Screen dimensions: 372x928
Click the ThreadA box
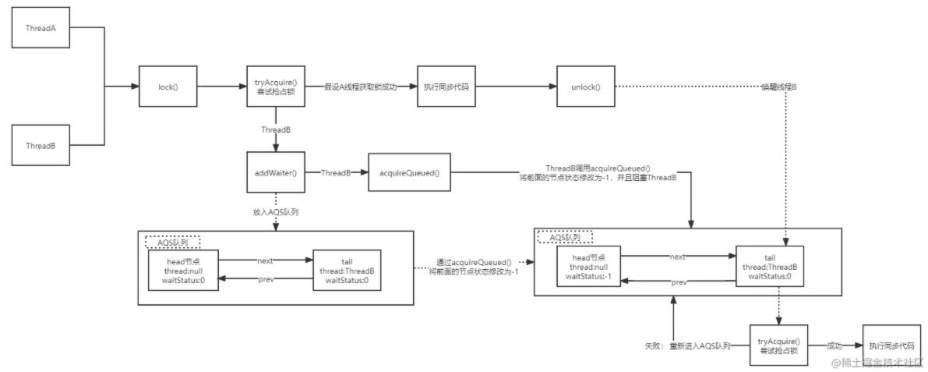point(39,27)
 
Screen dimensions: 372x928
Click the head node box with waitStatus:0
point(183,270)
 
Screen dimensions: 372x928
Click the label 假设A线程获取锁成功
point(361,87)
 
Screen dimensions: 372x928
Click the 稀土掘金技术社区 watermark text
point(880,363)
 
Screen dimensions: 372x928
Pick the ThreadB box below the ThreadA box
point(39,145)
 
